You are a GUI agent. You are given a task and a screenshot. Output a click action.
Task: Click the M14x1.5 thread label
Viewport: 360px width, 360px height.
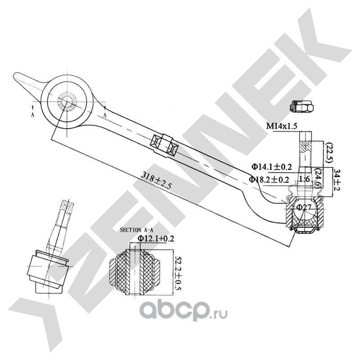(x=282, y=126)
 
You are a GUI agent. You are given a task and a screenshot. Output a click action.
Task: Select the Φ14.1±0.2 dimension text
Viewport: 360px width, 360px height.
(x=272, y=166)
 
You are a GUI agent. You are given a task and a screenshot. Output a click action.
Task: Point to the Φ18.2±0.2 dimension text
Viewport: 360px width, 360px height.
(x=269, y=179)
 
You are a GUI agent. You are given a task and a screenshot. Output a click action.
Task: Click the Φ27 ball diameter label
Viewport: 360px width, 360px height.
(x=304, y=207)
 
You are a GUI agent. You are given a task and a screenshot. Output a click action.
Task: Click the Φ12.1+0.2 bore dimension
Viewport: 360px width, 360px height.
(x=156, y=238)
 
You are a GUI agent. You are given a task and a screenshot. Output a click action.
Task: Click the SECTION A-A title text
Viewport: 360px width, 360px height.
(x=136, y=230)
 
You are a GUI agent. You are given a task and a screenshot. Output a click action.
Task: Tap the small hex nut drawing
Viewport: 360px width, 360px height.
(x=301, y=106)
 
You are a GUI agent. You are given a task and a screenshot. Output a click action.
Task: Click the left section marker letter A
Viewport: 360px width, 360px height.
(x=32, y=115)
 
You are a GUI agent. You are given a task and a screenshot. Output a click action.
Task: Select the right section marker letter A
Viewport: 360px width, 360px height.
(x=105, y=115)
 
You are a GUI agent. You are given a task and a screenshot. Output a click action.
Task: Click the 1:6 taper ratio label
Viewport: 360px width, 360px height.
(x=305, y=179)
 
